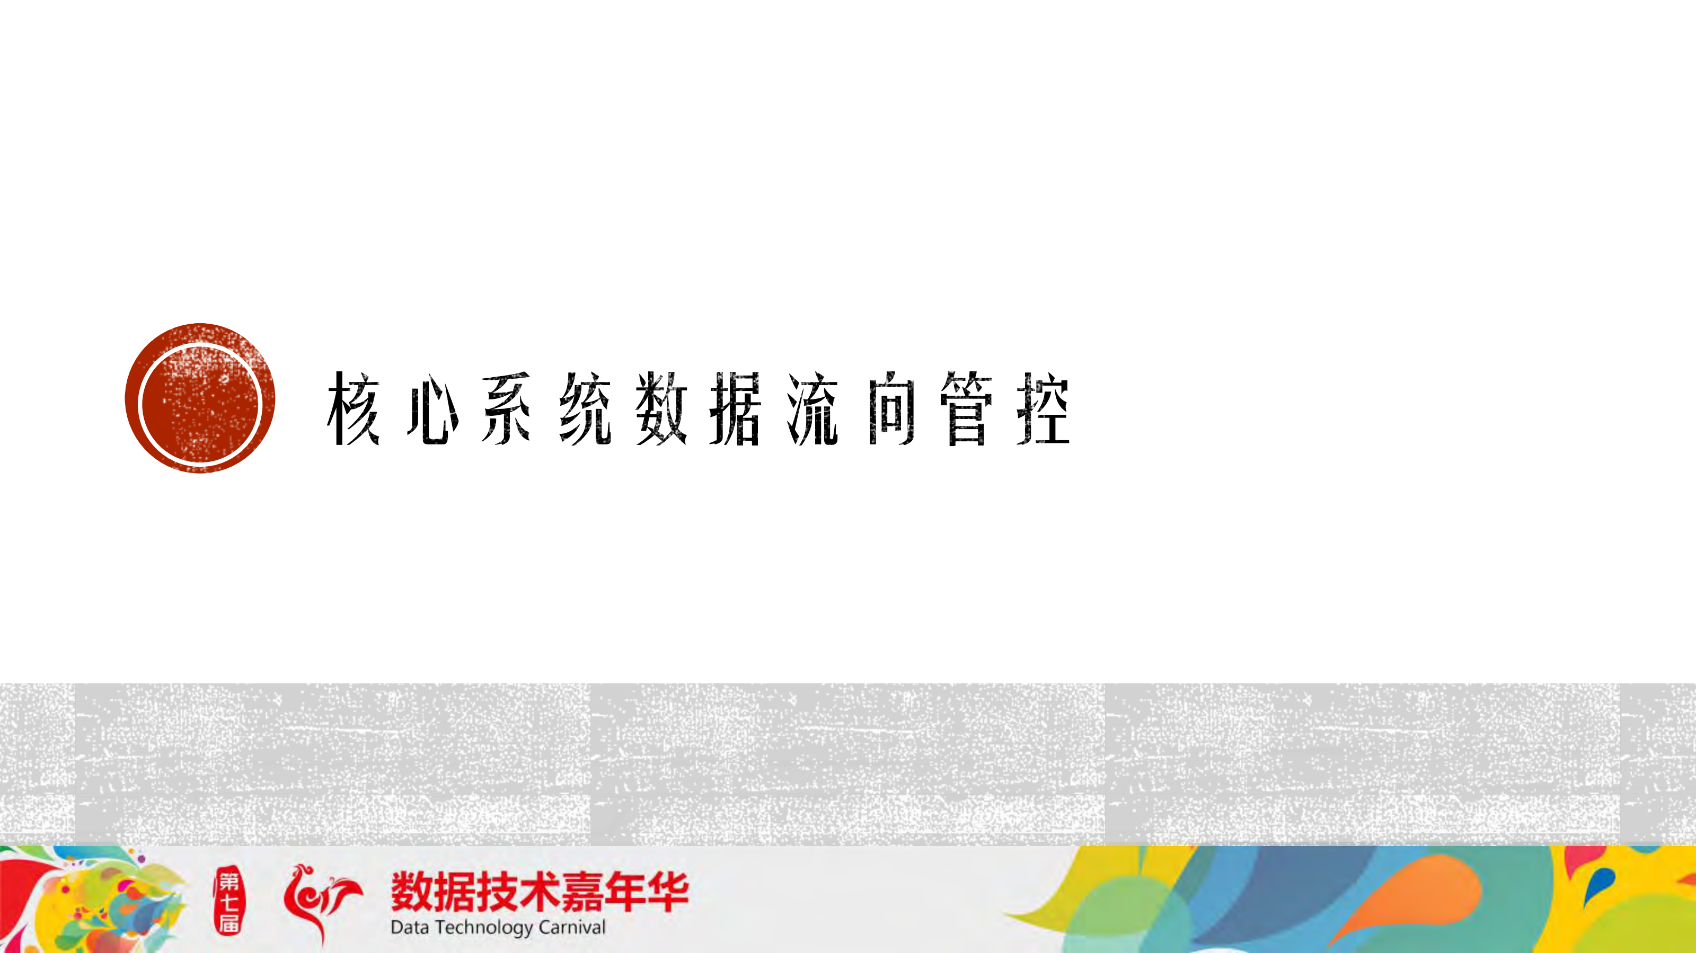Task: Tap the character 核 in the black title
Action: pos(354,408)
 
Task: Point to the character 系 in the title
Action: pos(506,408)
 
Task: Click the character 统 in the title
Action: pos(585,408)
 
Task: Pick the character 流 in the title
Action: pos(813,408)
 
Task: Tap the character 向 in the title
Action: pos(891,408)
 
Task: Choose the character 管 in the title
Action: pos(967,408)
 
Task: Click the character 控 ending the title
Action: pos(1043,408)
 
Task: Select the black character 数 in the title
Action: pos(661,408)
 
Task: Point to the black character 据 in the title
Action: pos(736,408)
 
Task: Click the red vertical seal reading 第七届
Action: pos(228,901)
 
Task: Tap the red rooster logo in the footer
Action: pos(321,901)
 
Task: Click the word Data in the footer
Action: pos(410,928)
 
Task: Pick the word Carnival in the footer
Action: pos(571,928)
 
